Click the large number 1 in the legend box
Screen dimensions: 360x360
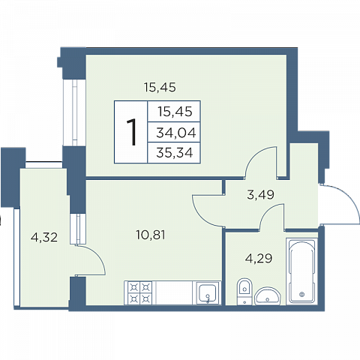tap(132, 132)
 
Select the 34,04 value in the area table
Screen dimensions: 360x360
tap(176, 133)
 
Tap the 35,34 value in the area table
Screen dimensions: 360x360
tap(175, 152)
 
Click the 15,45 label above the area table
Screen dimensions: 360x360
tap(160, 88)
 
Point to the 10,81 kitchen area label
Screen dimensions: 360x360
tap(151, 235)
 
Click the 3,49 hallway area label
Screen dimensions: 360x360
tap(261, 194)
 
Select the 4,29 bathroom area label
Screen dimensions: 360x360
tap(259, 258)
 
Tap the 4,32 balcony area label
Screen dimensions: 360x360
tap(44, 237)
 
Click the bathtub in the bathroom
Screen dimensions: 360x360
tap(301, 271)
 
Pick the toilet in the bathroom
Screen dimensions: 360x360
tap(244, 291)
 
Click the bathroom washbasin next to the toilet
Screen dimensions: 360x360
tap(268, 296)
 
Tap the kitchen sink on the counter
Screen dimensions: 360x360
tap(206, 292)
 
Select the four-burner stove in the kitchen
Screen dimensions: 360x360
tap(140, 292)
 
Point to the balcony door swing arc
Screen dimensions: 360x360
tap(98, 255)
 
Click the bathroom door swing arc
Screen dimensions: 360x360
tap(268, 211)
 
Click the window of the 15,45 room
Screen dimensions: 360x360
tap(74, 112)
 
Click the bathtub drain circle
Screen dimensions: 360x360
tap(302, 294)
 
